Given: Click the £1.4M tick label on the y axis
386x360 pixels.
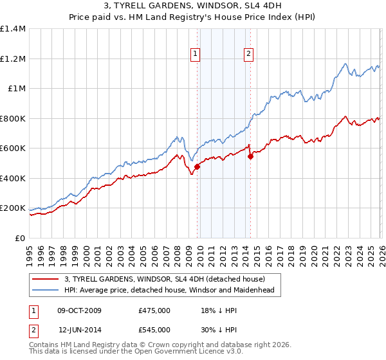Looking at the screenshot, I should [13, 29].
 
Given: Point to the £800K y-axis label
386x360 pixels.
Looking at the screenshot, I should [13, 118].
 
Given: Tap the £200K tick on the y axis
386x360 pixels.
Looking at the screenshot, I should [13, 208].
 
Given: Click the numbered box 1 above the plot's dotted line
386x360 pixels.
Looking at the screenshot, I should [195, 55].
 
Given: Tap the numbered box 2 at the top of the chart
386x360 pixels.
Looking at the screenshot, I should [248, 55].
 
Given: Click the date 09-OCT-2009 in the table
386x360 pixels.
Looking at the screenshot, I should [78, 310].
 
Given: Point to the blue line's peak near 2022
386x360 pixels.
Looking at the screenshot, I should [345, 64].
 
